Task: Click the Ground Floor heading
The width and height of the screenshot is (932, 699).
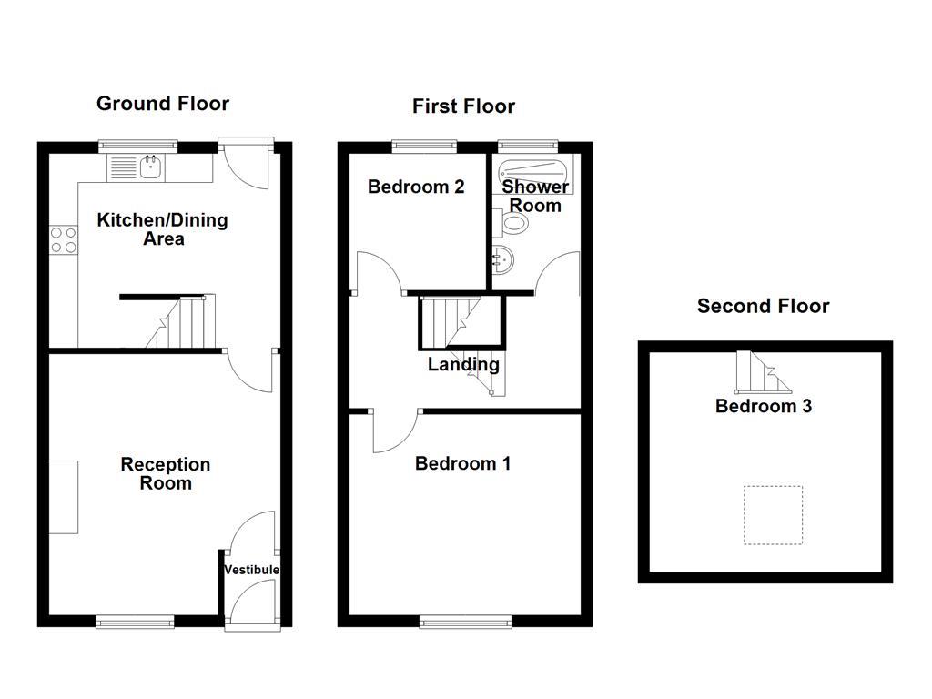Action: [163, 104]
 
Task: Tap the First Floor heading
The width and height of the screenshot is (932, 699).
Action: [463, 106]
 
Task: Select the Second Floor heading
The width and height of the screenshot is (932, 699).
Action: [763, 306]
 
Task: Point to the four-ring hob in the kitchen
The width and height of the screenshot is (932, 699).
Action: [63, 239]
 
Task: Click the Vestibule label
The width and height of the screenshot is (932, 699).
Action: [252, 570]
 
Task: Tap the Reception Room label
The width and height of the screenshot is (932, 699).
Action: [166, 473]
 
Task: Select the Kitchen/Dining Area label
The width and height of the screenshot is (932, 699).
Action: [163, 229]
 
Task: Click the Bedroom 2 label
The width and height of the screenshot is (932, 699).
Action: [416, 187]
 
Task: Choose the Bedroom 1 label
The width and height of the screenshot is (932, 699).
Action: [462, 463]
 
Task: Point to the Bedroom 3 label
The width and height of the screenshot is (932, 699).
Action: [764, 406]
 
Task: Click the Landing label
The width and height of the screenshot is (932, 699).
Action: [463, 365]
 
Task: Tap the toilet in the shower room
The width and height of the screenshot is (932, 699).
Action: [514, 222]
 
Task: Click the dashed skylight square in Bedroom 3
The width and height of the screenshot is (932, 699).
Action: [773, 515]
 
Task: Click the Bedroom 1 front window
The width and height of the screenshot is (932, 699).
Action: [465, 623]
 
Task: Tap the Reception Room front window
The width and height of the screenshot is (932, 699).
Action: [135, 623]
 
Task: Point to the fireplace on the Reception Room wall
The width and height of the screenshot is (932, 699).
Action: [64, 497]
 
